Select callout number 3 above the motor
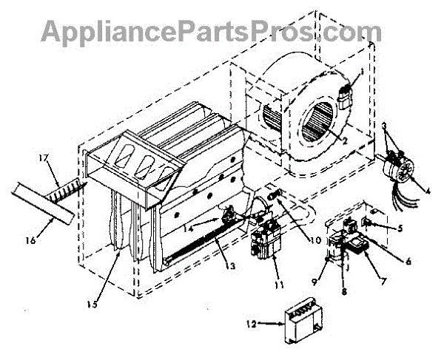coord(386,128)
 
